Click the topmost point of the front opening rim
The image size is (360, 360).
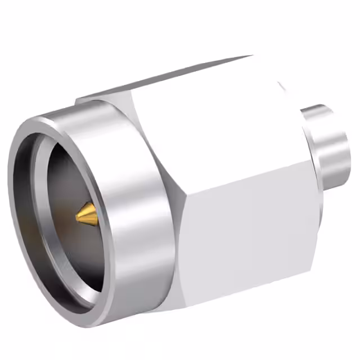(x=42, y=118)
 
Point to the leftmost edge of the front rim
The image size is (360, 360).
(x=10, y=186)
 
